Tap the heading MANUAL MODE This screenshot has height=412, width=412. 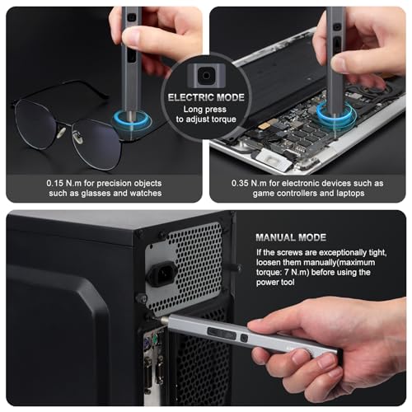pyautogui.click(x=290, y=237)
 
